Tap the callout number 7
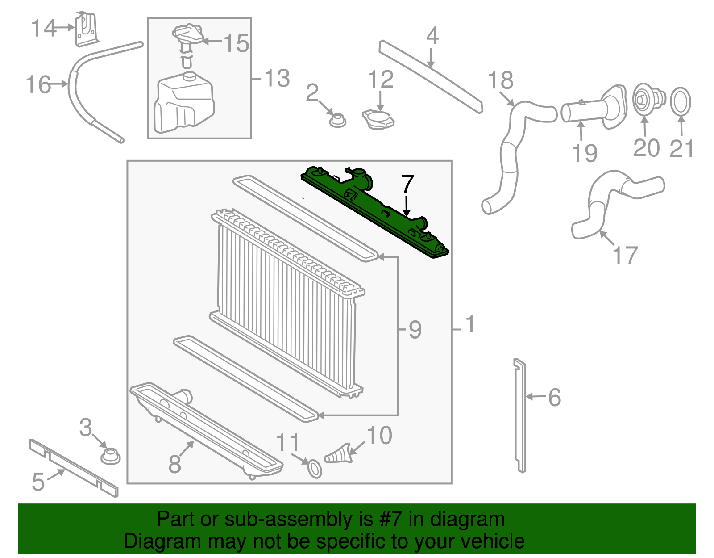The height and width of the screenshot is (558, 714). pyautogui.click(x=407, y=184)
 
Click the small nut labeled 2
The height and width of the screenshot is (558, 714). pyautogui.click(x=337, y=120)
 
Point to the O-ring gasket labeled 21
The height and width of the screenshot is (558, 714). pyautogui.click(x=680, y=101)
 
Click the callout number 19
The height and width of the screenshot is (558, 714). pyautogui.click(x=585, y=153)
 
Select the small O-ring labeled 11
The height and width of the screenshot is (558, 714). pyautogui.click(x=315, y=469)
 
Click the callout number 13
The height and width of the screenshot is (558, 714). pyautogui.click(x=277, y=78)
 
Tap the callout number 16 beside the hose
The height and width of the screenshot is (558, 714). pyautogui.click(x=38, y=84)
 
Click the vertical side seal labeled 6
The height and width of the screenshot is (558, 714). pyautogui.click(x=520, y=415)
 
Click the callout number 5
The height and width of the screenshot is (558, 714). pyautogui.click(x=38, y=482)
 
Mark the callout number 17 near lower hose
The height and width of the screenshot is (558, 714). pyautogui.click(x=625, y=256)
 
